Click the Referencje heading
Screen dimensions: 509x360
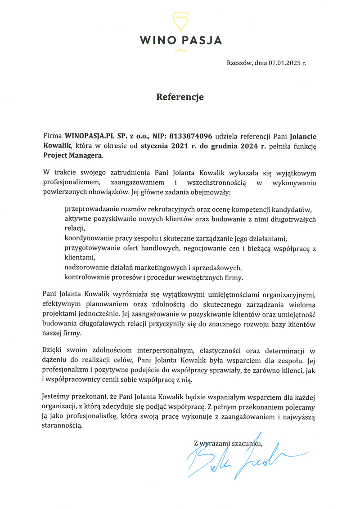[180, 97]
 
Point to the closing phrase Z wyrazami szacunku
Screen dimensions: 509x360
[228, 443]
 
